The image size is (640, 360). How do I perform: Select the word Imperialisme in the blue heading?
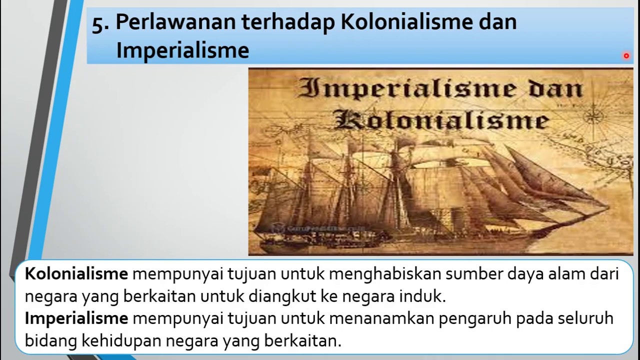coord(182,50)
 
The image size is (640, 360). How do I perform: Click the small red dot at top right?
coord(626,56)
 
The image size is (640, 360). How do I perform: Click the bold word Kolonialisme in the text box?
coord(76,274)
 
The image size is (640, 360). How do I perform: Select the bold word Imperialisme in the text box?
coord(76,318)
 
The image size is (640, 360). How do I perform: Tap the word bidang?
coord(49,341)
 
